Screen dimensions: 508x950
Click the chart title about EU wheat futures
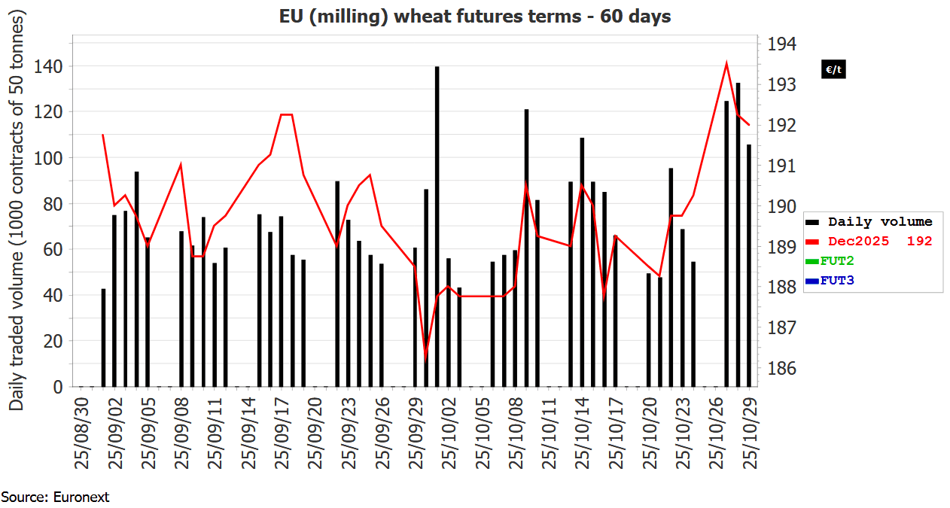coord(474,16)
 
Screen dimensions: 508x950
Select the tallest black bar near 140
coord(437,226)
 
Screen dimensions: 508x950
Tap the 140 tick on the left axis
coord(52,67)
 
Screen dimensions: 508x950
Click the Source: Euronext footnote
coord(55,497)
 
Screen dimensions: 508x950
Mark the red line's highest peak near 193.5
coord(726,63)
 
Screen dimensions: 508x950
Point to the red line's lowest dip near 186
coord(426,358)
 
